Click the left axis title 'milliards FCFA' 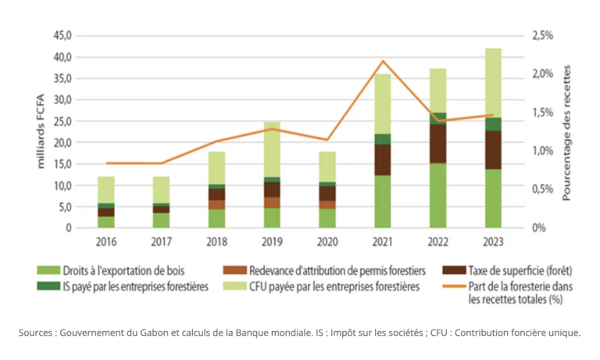point(41,131)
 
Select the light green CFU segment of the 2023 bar point(493,82)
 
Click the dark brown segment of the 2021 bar point(383,159)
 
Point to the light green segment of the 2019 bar point(272,148)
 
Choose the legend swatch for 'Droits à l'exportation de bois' point(48,271)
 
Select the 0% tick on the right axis point(538,228)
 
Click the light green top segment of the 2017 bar point(161,189)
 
